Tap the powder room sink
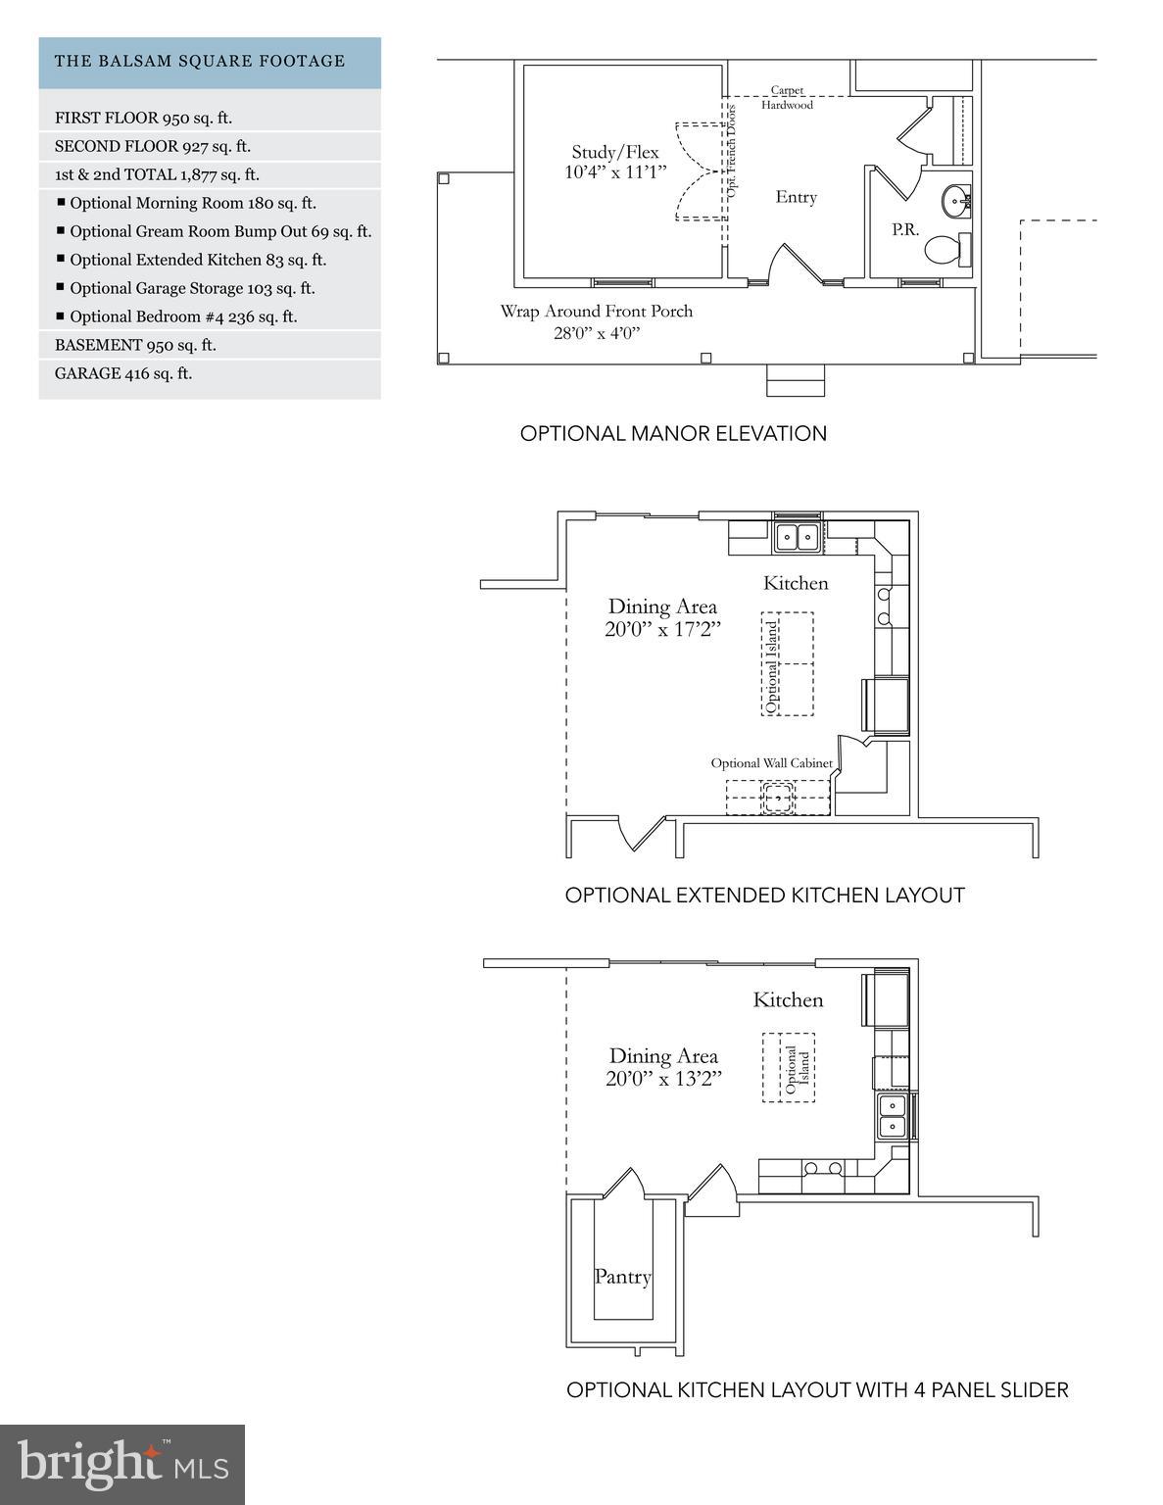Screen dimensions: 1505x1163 pyautogui.click(x=956, y=202)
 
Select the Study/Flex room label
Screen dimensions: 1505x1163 pyautogui.click(x=615, y=162)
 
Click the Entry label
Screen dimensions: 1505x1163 pyautogui.click(x=796, y=197)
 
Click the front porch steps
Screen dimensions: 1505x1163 pyautogui.click(x=796, y=381)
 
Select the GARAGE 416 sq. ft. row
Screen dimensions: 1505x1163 pyautogui.click(x=210, y=373)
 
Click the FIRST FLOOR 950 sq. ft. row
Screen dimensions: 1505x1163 pyautogui.click(x=210, y=118)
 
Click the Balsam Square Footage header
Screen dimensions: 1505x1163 pyautogui.click(x=210, y=62)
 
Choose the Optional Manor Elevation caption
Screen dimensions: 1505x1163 pyautogui.click(x=673, y=433)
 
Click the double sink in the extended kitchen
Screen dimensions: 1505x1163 pyautogui.click(x=797, y=537)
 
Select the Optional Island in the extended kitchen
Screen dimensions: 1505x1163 pyautogui.click(x=788, y=664)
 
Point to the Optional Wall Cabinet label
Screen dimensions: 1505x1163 pyautogui.click(x=771, y=763)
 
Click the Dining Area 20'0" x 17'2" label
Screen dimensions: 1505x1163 pyautogui.click(x=662, y=617)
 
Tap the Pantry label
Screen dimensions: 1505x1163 pyautogui.click(x=622, y=1277)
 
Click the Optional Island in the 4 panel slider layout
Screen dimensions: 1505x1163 pyautogui.click(x=789, y=1068)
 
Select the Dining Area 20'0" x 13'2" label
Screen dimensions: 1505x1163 pyautogui.click(x=663, y=1067)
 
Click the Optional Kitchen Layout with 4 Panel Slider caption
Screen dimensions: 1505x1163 pyautogui.click(x=817, y=1389)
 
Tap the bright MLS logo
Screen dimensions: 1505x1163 pyautogui.click(x=122, y=1464)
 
